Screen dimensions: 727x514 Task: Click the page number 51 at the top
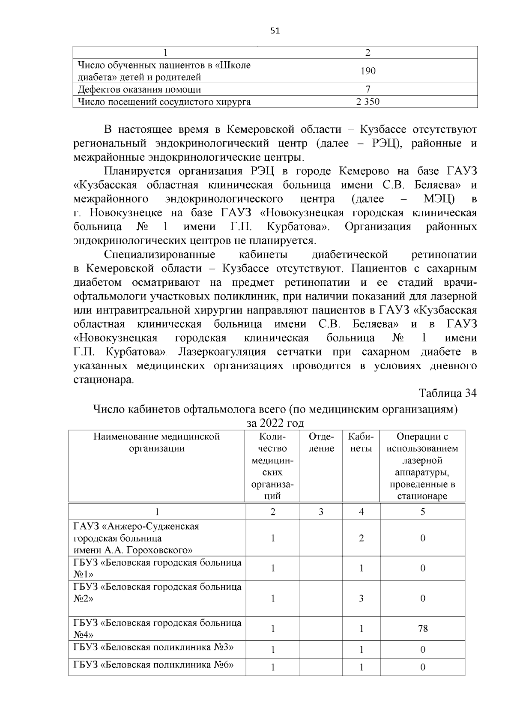pyautogui.click(x=275, y=30)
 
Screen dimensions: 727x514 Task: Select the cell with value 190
pyautogui.click(x=368, y=71)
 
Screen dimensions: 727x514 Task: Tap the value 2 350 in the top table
pyautogui.click(x=368, y=102)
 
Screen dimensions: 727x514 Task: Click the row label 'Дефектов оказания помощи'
pyautogui.click(x=139, y=90)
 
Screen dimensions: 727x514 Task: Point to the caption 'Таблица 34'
pyautogui.click(x=448, y=393)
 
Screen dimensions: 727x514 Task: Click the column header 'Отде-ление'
pyautogui.click(x=321, y=443)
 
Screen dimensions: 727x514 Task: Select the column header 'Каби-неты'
pyautogui.click(x=361, y=443)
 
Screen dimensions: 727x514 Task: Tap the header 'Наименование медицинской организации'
pyautogui.click(x=157, y=443)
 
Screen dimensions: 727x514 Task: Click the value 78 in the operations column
pyautogui.click(x=422, y=628)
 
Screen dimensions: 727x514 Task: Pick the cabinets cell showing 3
pyautogui.click(x=361, y=598)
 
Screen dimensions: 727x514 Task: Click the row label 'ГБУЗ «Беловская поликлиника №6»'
pyautogui.click(x=153, y=665)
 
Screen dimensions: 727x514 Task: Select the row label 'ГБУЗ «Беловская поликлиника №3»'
pyautogui.click(x=153, y=646)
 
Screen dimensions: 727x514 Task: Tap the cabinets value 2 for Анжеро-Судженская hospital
pyautogui.click(x=361, y=538)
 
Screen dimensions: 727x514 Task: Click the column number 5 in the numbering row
pyautogui.click(x=422, y=512)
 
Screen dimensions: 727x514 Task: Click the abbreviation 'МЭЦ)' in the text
pyautogui.click(x=439, y=199)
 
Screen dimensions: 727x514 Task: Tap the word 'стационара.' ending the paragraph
pyautogui.click(x=104, y=380)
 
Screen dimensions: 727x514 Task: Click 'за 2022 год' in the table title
pyautogui.click(x=275, y=423)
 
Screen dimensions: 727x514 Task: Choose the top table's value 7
pyautogui.click(x=368, y=90)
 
